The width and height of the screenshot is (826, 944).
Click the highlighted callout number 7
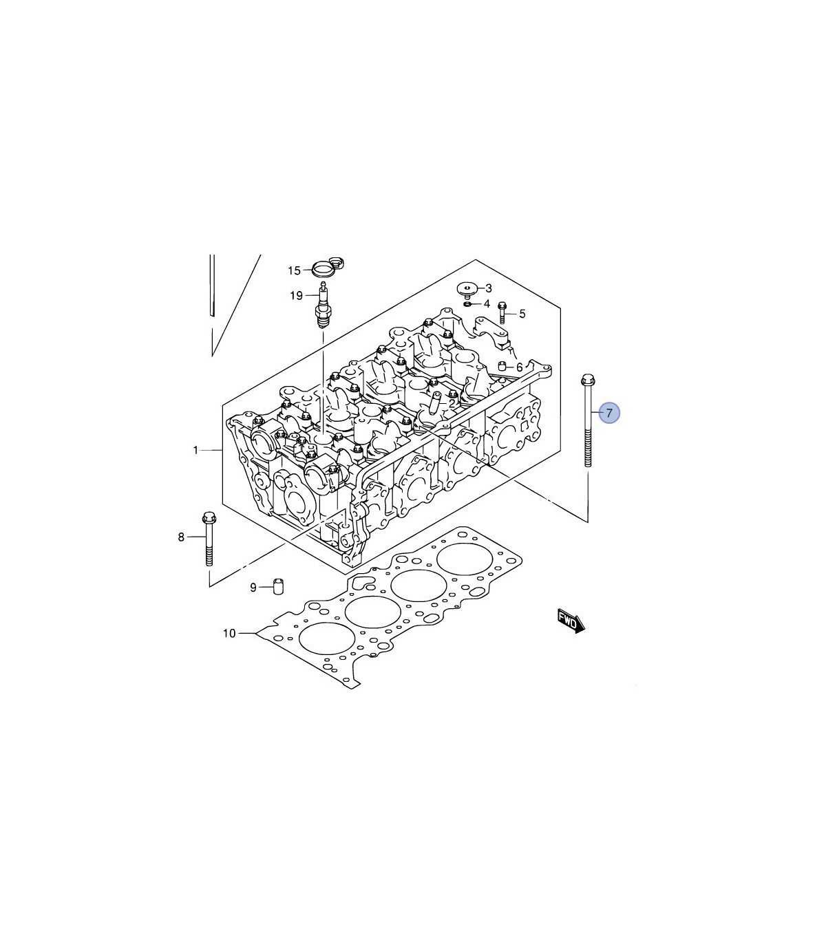coord(609,413)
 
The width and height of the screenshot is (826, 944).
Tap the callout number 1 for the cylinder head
coord(195,450)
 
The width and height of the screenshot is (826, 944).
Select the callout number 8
coord(181,537)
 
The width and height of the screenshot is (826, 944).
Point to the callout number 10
coord(229,634)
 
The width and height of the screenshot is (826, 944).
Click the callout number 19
coord(296,295)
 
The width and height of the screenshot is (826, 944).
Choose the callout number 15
coord(294,271)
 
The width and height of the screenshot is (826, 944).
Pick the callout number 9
coord(253,588)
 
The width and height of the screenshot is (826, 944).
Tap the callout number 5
coord(522,314)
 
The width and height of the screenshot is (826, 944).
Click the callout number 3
coord(489,288)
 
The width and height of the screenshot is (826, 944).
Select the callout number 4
coord(487,304)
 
